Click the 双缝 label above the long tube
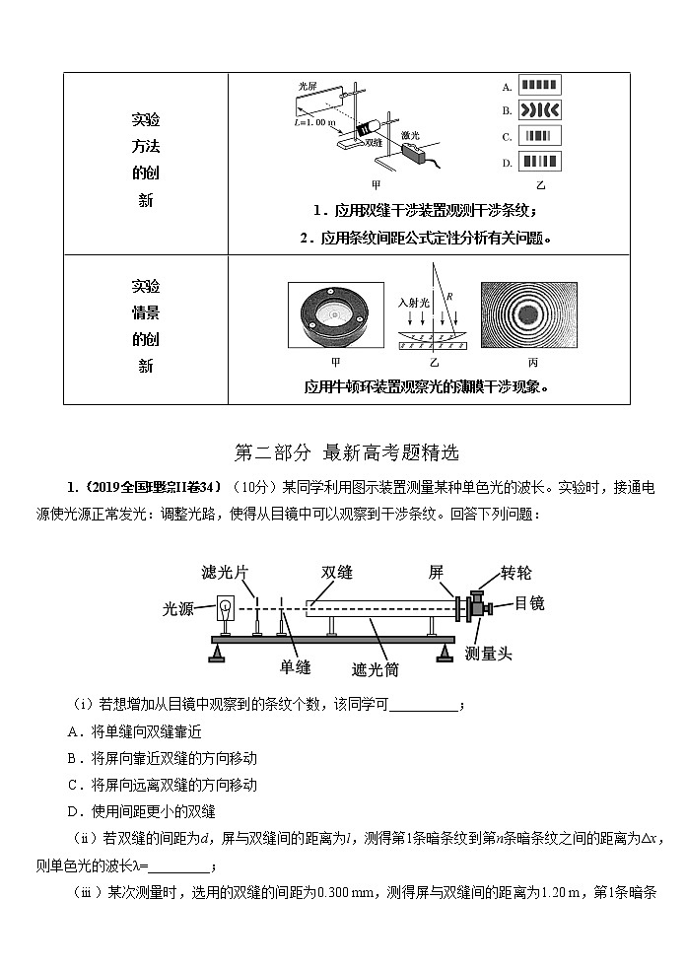coord(337,573)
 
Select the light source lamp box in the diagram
coord(224,610)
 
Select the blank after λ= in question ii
coord(178,866)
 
